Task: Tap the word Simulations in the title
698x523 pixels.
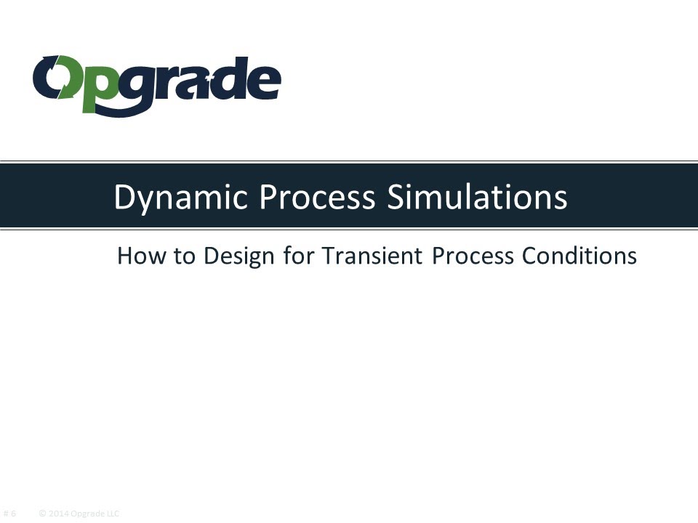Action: pos(476,198)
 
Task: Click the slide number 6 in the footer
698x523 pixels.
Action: pos(13,514)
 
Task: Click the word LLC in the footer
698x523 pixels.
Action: pos(112,514)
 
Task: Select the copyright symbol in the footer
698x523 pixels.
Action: pos(43,514)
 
